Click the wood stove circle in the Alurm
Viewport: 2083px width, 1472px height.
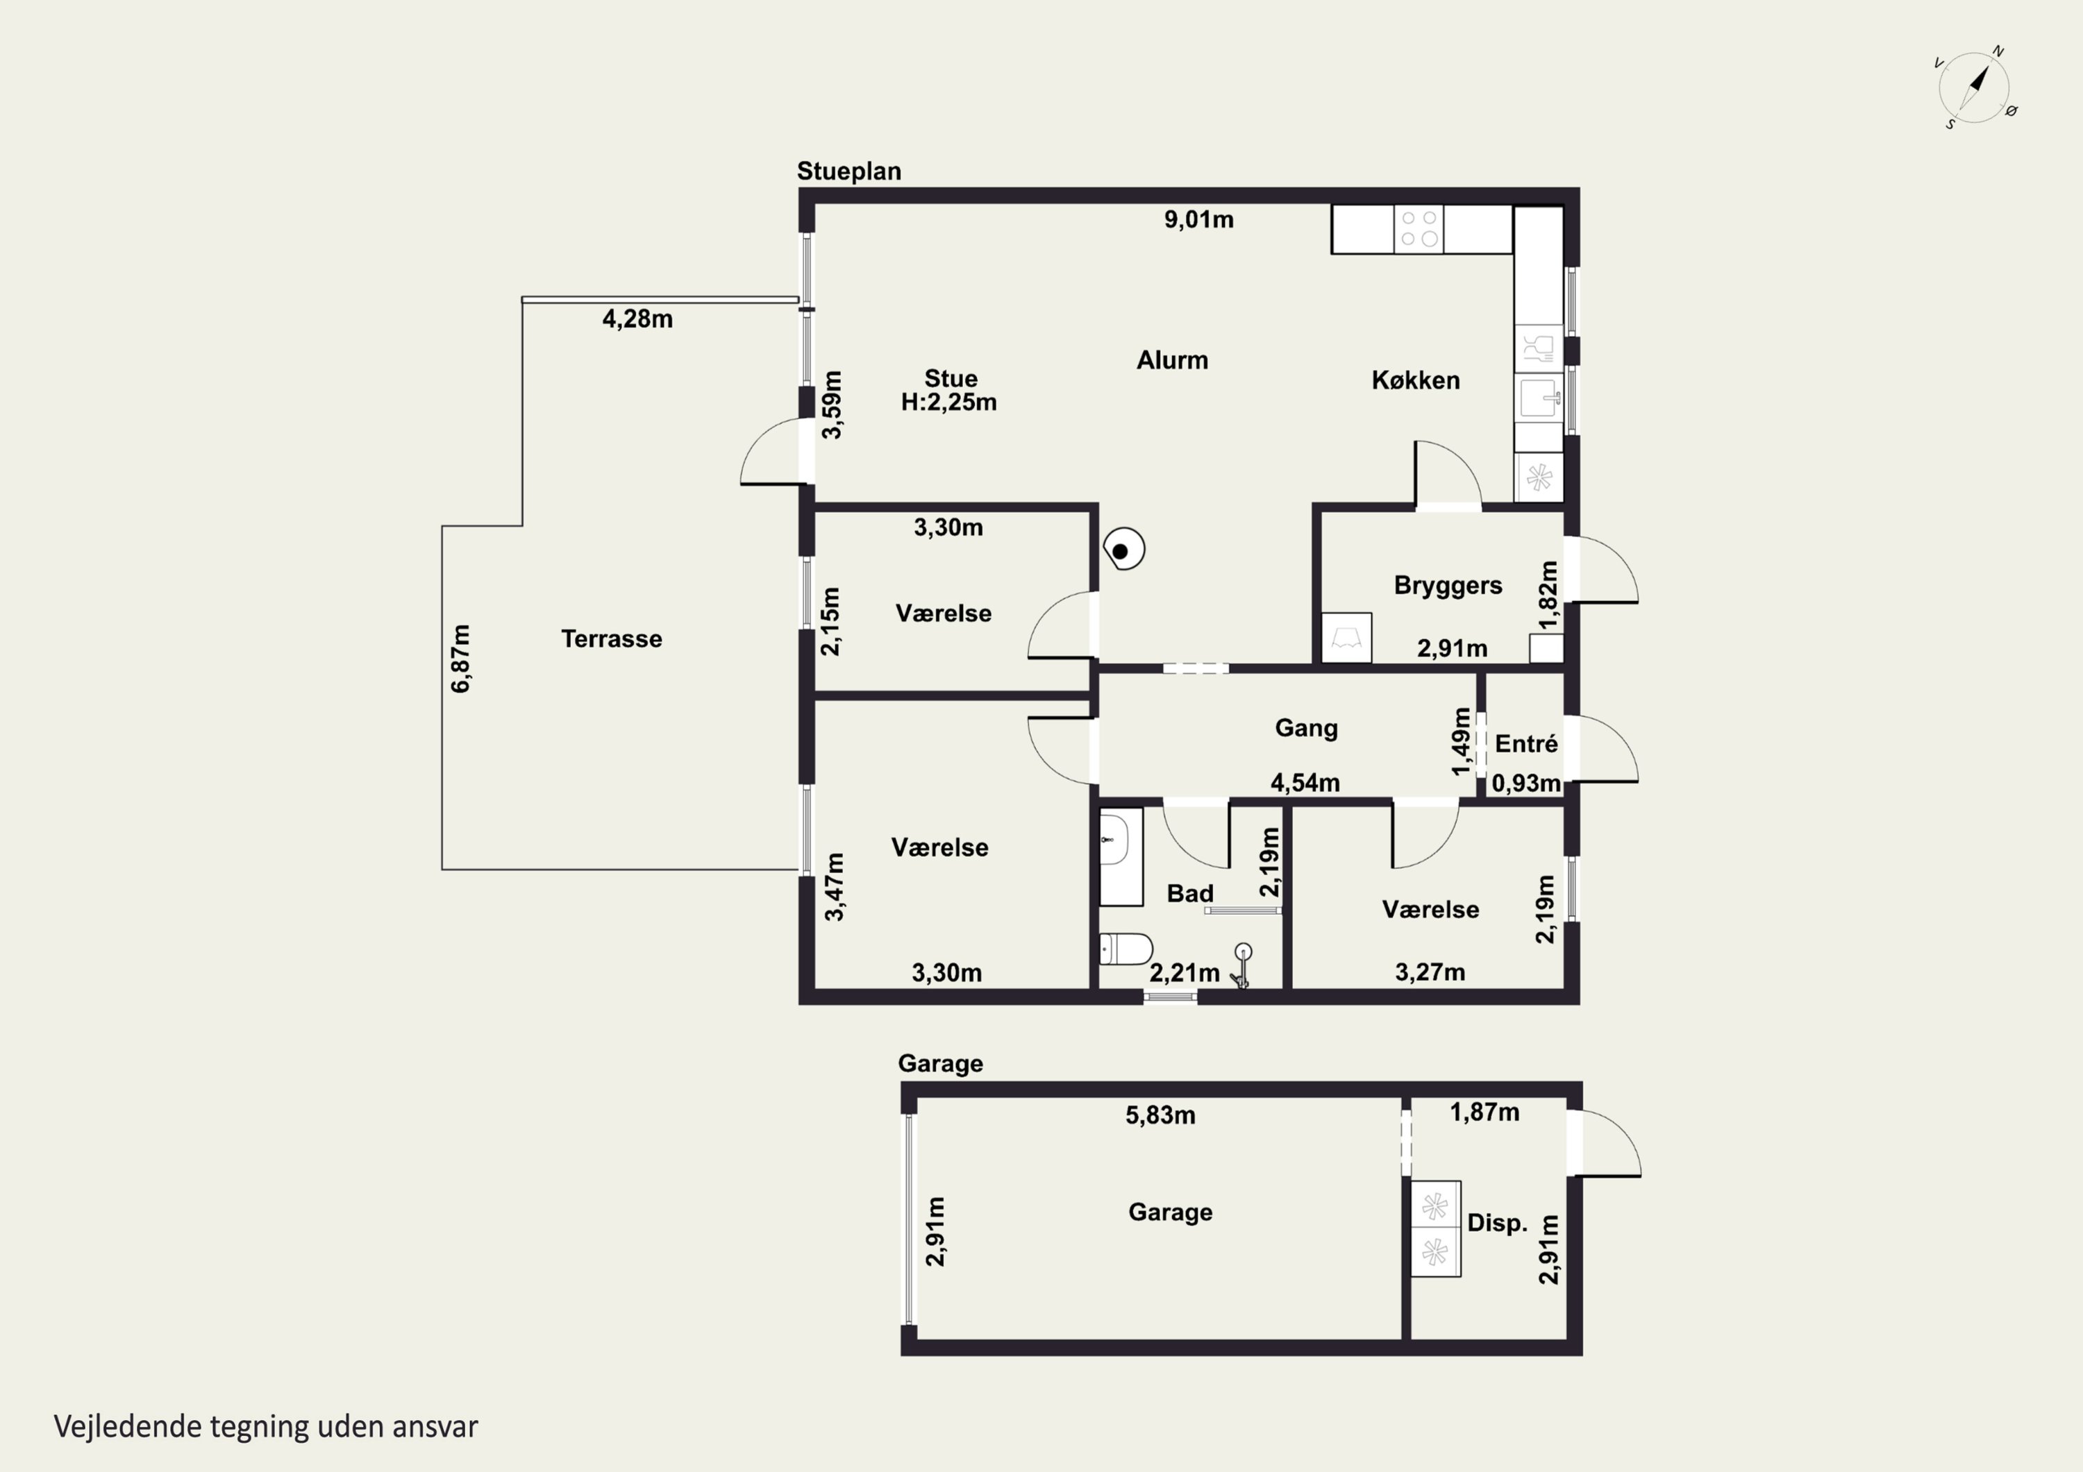coord(1123,550)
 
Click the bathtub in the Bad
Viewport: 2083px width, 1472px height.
coord(1121,856)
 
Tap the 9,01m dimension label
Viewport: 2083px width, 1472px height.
coord(1198,219)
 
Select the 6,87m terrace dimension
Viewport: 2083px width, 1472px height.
coord(461,659)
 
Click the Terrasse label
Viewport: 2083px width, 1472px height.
coord(612,638)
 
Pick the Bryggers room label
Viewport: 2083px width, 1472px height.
coord(1448,586)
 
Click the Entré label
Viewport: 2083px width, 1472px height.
coord(1527,744)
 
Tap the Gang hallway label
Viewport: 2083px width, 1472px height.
coord(1307,728)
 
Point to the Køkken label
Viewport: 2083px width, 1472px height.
coord(1415,380)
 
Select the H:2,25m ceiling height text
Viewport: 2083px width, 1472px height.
coord(949,403)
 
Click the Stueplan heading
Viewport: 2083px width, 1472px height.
coord(849,171)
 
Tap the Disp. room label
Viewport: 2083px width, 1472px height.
coord(1497,1224)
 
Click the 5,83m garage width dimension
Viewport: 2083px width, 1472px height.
coord(1160,1115)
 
